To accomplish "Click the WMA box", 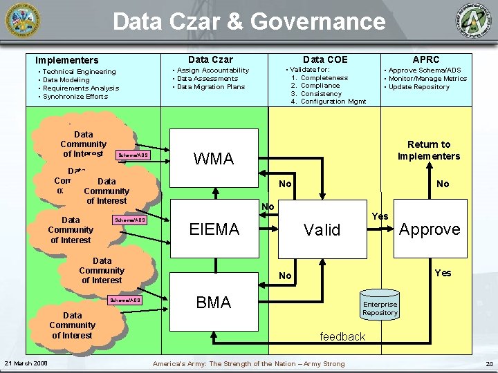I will [214, 159].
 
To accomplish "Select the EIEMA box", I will [214, 229].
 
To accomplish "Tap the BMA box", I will [214, 302].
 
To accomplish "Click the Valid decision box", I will [322, 230].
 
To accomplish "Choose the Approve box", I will [430, 229].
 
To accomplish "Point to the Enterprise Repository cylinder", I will [380, 308].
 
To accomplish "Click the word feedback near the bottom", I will [342, 336].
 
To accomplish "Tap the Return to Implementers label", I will [429, 150].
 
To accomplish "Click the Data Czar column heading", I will [210, 59].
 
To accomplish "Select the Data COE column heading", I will [325, 59].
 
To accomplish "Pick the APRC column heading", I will [426, 59].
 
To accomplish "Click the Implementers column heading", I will [67, 60].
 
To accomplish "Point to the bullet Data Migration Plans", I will [211, 87].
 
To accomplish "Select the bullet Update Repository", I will [419, 87].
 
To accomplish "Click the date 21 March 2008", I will [26, 363].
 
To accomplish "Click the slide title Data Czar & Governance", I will [249, 21].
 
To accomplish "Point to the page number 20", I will [489, 364].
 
